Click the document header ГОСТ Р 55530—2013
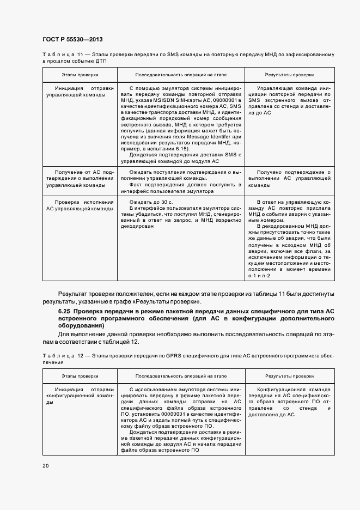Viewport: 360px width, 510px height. coord(72,40)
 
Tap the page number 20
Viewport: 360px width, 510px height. coord(46,466)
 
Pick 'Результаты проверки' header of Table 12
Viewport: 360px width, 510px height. coord(289,376)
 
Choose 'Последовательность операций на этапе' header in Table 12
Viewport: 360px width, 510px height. coord(181,376)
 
